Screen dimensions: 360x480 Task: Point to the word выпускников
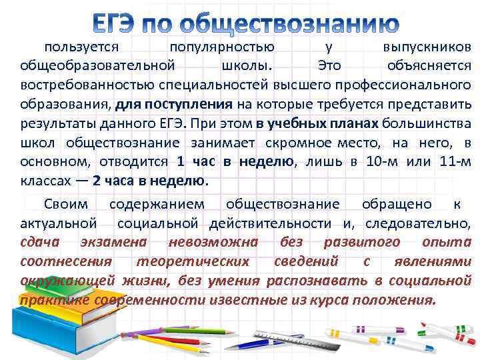coord(427,47)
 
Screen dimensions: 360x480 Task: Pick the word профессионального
coord(407,85)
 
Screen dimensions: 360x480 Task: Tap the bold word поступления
coord(194,105)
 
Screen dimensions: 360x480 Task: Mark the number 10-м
coord(380,162)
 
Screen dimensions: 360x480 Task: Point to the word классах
coord(46,181)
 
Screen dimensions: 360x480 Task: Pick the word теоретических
coord(193,261)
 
